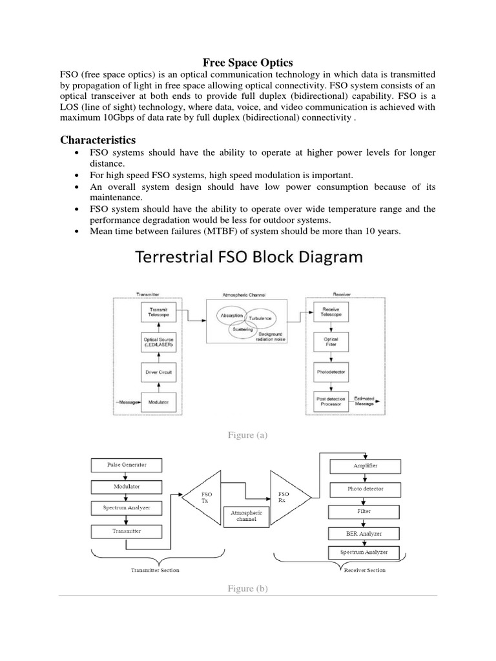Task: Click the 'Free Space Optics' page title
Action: click(248, 63)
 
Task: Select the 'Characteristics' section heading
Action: click(98, 140)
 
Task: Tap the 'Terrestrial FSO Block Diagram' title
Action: click(249, 258)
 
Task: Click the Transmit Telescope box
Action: click(158, 312)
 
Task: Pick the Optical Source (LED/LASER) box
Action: click(158, 342)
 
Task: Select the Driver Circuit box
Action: click(158, 372)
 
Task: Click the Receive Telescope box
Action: click(331, 312)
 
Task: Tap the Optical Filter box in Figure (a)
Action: click(331, 342)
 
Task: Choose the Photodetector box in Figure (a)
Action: click(331, 372)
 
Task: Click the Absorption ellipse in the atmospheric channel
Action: click(231, 316)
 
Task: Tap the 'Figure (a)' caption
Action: click(247, 436)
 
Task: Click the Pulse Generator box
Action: click(126, 465)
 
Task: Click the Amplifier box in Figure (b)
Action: click(364, 465)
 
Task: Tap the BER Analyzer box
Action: click(364, 533)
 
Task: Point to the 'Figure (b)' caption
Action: click(247, 588)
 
